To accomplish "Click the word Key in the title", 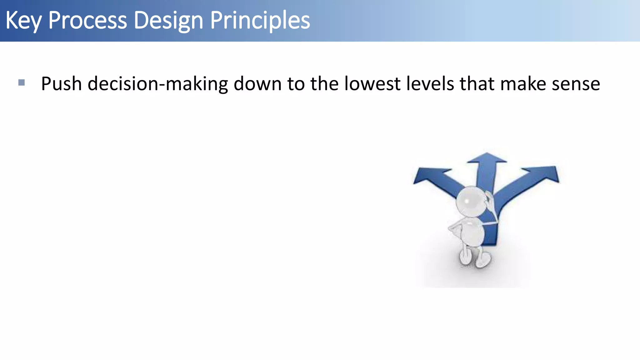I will coord(23,21).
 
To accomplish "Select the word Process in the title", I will coord(87,21).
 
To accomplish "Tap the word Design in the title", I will coord(169,21).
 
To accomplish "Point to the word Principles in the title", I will coord(260,21).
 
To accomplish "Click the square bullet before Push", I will coord(22,82).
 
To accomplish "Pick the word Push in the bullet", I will coord(61,84).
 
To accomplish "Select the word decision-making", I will coord(157,84).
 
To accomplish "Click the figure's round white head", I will coord(470,202).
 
